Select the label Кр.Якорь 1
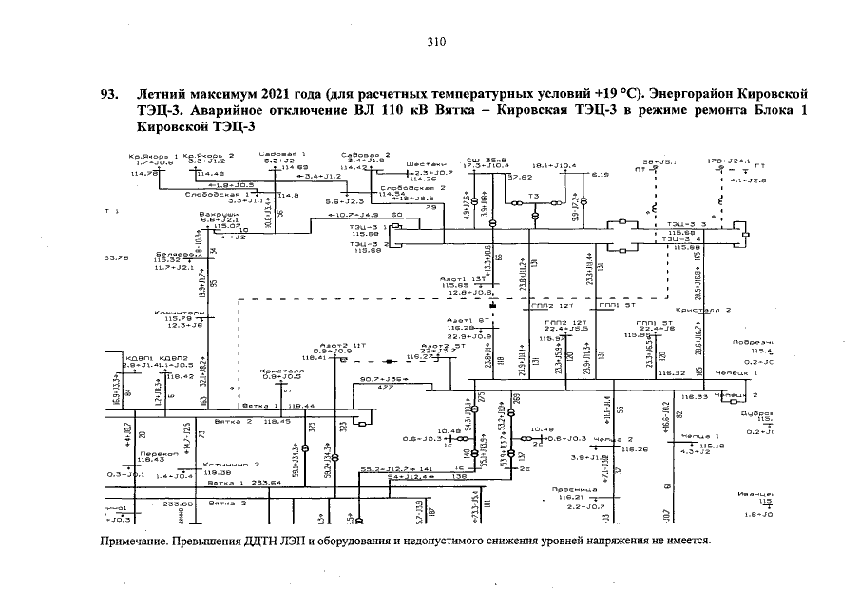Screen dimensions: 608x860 (x=154, y=155)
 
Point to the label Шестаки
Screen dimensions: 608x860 (x=423, y=163)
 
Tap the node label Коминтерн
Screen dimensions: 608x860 (x=179, y=312)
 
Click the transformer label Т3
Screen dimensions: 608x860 (x=533, y=197)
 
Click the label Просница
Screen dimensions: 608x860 (x=572, y=490)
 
